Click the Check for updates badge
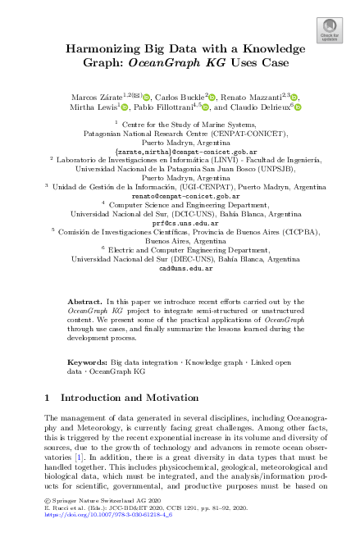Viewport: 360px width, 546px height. coord(329,30)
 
